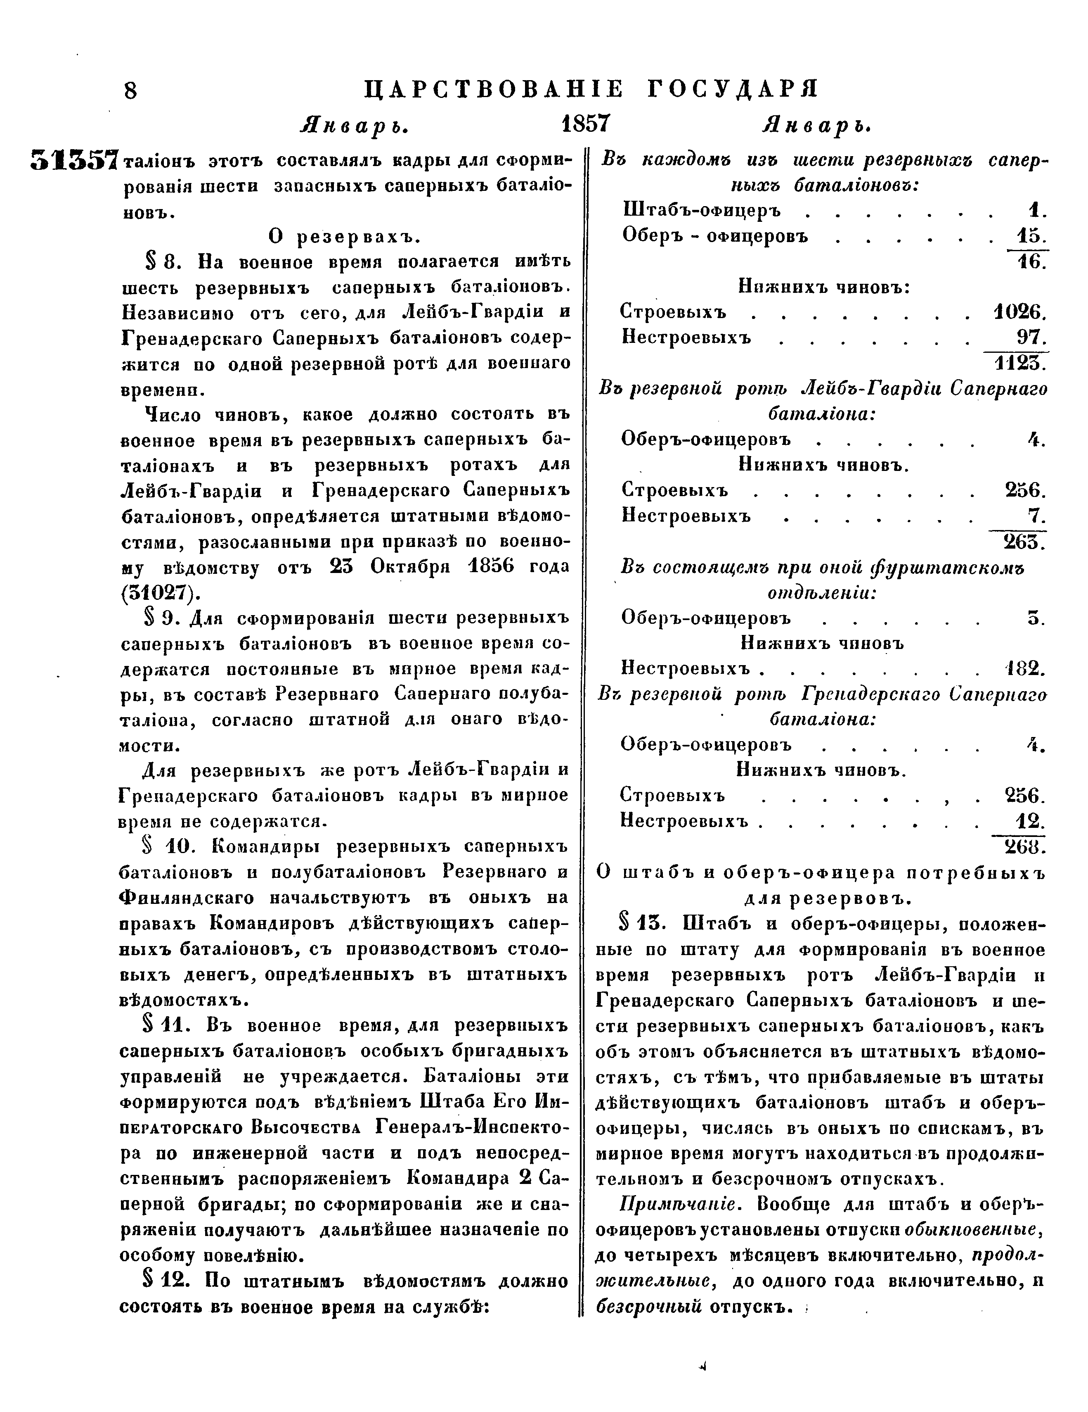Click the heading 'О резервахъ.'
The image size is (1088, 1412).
tap(344, 237)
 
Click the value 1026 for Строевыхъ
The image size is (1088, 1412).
tap(1019, 312)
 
